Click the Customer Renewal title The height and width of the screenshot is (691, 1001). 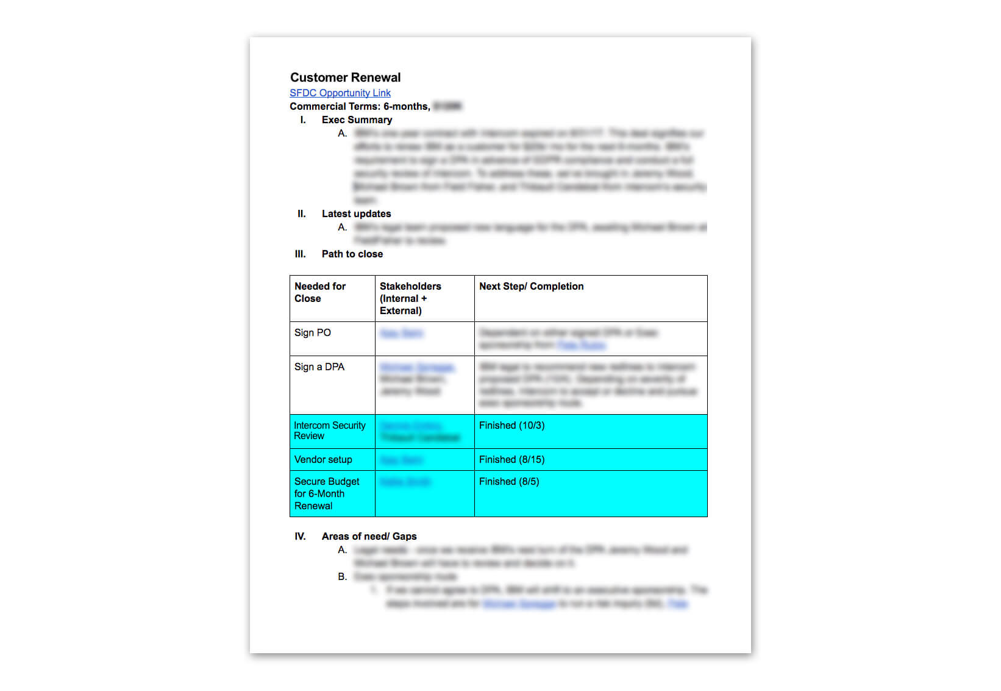(345, 77)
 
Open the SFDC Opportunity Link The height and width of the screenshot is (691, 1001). (340, 93)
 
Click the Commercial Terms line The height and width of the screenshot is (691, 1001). (360, 106)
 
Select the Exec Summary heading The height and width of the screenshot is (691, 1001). (357, 120)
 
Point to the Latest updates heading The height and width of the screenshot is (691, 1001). (356, 213)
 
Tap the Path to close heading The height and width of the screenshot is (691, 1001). (352, 254)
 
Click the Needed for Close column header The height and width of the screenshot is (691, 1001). (320, 292)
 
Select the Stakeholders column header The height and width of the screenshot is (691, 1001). (410, 298)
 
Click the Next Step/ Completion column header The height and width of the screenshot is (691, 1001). (531, 286)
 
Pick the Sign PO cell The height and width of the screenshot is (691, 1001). (313, 332)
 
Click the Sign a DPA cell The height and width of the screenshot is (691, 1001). (319, 367)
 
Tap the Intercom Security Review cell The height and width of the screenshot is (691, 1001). (330, 431)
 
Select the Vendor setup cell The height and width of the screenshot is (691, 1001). (323, 459)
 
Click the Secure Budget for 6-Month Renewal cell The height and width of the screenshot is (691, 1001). (327, 493)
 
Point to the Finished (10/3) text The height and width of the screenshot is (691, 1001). (511, 425)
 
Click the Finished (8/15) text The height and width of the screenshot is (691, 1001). (511, 459)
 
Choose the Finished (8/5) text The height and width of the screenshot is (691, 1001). (509, 481)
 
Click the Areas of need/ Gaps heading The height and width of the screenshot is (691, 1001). (369, 536)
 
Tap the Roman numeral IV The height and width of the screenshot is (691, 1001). (300, 536)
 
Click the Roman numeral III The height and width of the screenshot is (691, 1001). (300, 254)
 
